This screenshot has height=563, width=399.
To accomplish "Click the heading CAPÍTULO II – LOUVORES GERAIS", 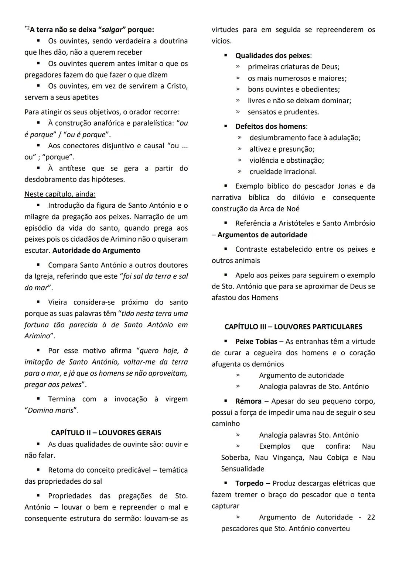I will [x=106, y=432].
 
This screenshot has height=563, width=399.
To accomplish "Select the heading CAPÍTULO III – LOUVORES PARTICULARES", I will [x=293, y=327].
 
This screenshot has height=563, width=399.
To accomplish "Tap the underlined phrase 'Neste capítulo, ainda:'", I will [x=60, y=194].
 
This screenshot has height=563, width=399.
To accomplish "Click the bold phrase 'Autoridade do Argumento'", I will [x=96, y=251].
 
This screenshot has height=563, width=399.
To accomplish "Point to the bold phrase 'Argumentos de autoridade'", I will [x=262, y=235].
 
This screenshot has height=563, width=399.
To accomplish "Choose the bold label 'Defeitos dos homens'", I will [x=270, y=126].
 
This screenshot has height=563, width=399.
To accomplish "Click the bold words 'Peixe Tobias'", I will [x=256, y=341].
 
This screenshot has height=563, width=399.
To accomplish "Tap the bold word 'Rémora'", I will [x=248, y=401].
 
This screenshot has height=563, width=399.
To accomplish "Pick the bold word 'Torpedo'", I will [x=249, y=483].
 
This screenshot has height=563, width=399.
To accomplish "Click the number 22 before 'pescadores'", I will [x=371, y=517].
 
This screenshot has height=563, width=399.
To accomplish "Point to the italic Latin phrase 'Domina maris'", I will [x=52, y=410].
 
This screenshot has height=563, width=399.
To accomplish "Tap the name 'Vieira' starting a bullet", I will [x=57, y=302].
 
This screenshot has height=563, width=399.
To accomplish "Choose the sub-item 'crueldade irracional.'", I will [x=283, y=172].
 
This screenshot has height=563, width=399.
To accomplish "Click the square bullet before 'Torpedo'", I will [x=226, y=483].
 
